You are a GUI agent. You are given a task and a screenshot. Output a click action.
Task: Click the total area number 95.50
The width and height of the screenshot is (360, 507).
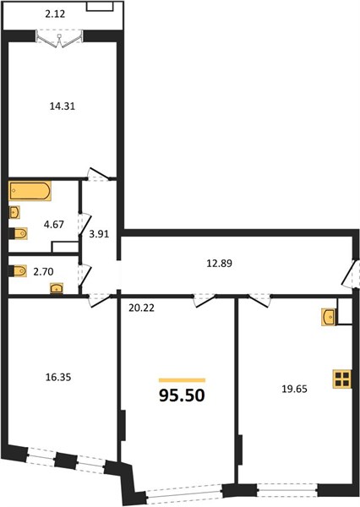coord(182,395)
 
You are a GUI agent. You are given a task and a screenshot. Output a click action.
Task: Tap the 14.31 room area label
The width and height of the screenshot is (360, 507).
coord(63,106)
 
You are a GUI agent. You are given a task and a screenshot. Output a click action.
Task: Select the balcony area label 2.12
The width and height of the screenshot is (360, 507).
coord(55,14)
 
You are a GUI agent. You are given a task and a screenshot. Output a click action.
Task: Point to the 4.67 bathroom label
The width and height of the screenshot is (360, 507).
coord(54,224)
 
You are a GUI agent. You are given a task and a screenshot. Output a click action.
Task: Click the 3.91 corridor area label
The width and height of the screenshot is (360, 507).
coord(99,234)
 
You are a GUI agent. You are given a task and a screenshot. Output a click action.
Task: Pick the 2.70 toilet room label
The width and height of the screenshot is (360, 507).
coord(43,271)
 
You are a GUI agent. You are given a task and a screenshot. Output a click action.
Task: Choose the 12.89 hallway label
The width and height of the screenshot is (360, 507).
coord(220,264)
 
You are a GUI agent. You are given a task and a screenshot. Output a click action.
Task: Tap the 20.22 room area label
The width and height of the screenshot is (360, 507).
coord(141,308)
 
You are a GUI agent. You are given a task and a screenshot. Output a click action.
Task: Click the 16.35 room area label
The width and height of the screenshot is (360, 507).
coord(58,377)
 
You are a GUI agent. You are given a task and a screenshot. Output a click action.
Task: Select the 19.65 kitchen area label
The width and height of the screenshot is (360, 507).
coord(294,389)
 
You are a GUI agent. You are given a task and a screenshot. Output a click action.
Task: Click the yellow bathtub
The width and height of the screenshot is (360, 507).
coord(30,191)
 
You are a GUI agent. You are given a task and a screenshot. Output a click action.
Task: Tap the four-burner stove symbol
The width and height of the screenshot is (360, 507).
coord(342,379)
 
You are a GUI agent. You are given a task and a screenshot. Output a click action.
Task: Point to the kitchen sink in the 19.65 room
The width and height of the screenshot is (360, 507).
coord(329,317)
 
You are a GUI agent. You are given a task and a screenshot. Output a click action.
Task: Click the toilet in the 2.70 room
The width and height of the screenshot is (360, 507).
coord(18,271)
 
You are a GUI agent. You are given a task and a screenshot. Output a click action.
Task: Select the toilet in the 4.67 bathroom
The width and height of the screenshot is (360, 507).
coord(18,233)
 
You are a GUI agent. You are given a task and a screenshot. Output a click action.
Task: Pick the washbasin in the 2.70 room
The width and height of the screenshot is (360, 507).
coord(57,288)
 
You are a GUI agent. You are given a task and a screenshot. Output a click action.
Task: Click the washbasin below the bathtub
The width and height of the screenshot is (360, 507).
coord(14,212)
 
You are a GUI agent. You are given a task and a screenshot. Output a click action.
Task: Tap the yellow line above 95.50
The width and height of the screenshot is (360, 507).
coord(182,380)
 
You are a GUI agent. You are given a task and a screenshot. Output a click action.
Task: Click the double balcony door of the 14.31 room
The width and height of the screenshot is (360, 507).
coord(59,39)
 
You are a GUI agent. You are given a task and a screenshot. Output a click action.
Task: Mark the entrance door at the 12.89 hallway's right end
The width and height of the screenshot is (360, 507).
coord(351,274)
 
